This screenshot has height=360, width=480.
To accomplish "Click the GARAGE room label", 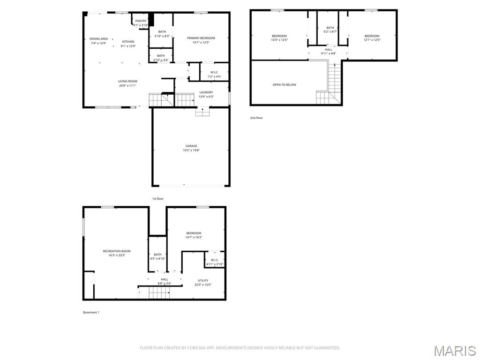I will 191,146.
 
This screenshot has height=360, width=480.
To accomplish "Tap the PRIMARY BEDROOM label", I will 201,38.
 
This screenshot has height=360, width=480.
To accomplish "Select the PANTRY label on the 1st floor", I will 141,21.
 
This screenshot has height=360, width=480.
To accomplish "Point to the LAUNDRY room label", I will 206,92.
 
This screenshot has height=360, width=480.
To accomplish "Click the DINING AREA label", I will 98,39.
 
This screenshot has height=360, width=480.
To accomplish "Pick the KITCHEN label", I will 128,42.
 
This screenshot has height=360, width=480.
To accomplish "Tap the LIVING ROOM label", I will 127,81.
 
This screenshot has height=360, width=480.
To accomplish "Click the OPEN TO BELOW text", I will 284,85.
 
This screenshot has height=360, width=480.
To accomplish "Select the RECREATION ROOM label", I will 117,251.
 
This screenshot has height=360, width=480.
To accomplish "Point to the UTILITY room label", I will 203,280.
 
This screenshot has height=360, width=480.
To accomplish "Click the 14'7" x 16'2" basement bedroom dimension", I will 194,238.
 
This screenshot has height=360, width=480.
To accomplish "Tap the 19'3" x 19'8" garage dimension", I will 191,150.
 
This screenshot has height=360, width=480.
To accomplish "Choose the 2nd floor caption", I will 256,118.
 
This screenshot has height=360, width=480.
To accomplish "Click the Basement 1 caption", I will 91,312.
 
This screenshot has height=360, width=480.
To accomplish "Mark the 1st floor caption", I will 158,199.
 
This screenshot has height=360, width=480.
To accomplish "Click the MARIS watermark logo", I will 454,351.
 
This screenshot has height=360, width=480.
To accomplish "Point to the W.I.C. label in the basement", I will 215,260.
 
